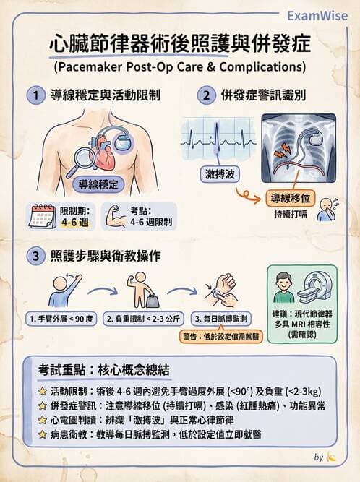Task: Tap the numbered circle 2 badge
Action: point(207,95)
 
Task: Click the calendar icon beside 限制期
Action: point(43,215)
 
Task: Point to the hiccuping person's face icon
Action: point(327,210)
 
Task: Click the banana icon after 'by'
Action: point(332,457)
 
